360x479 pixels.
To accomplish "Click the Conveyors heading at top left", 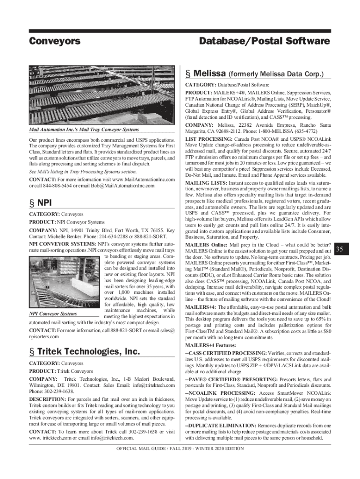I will pos(55,41).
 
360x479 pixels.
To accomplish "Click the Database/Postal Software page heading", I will pos(264,41).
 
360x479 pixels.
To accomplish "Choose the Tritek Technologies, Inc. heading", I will pos(83,351).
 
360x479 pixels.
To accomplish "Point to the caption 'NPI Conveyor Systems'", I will pos(53,314).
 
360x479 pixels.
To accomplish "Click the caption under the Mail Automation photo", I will pos(84,129).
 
